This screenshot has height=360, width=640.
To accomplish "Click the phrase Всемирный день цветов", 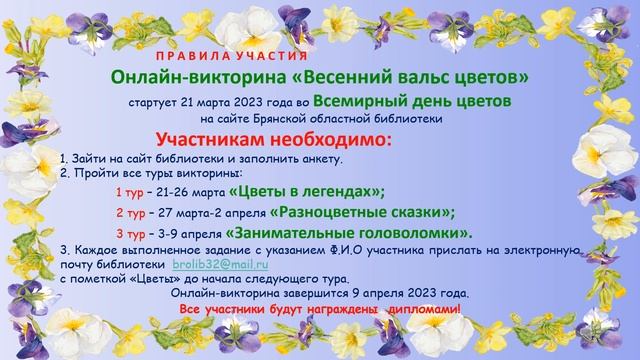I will pos(412,101).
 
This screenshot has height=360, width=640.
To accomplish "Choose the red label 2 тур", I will pos(130,213).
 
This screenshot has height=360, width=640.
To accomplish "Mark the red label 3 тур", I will pos(130,233).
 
